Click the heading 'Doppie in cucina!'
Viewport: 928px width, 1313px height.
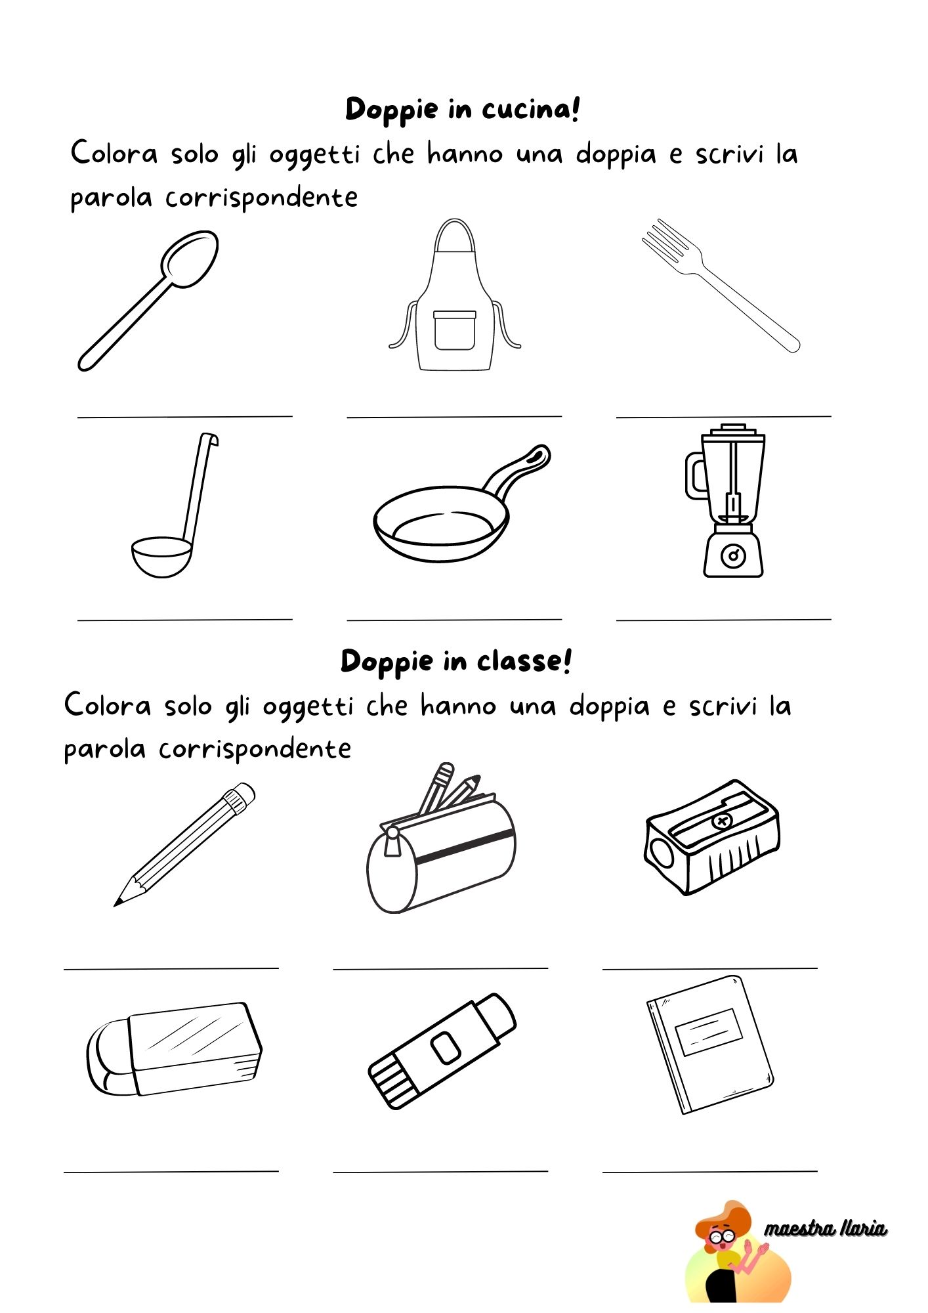(x=463, y=110)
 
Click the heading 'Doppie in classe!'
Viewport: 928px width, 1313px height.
(x=456, y=661)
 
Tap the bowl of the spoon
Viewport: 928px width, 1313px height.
(x=190, y=259)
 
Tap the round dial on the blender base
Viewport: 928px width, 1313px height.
(x=733, y=556)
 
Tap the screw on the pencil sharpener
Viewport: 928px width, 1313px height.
(x=722, y=821)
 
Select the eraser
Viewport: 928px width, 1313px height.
(x=174, y=1049)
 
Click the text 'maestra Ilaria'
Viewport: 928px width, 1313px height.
(x=825, y=1228)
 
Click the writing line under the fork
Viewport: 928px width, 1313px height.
(x=723, y=416)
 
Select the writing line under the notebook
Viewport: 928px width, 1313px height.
(x=709, y=1171)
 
